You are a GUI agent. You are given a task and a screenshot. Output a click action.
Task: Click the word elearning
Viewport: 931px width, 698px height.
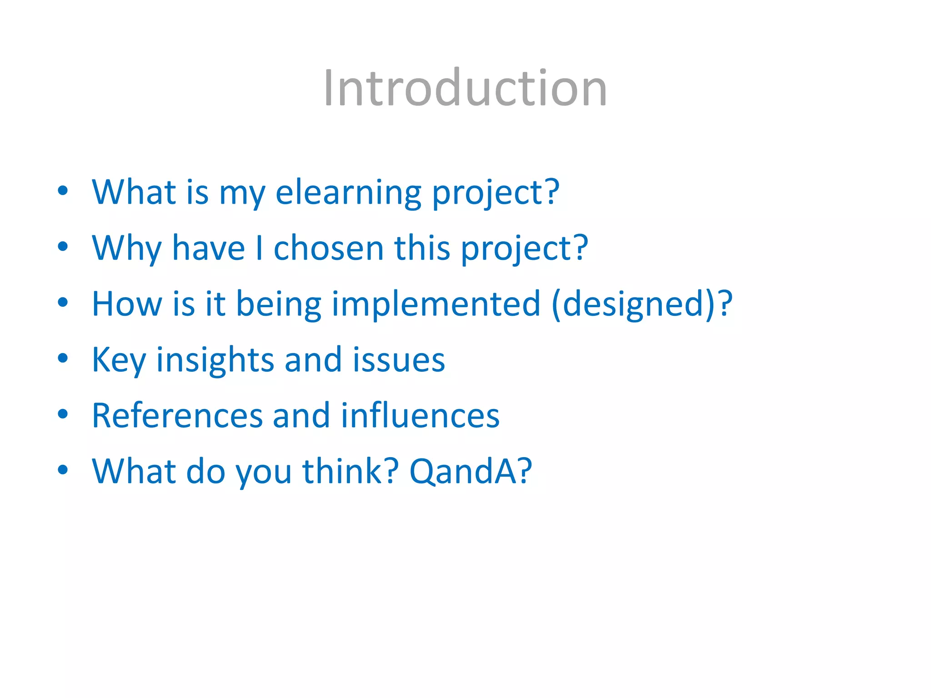(348, 193)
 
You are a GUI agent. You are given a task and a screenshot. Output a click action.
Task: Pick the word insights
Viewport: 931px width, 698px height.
(215, 360)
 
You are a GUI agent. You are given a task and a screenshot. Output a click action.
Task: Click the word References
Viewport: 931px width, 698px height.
(177, 415)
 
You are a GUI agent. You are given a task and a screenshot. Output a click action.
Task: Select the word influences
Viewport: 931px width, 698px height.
(420, 415)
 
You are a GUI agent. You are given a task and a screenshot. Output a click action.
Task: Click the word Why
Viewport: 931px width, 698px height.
(126, 249)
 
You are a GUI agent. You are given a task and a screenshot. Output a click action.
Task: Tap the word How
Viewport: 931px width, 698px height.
(126, 304)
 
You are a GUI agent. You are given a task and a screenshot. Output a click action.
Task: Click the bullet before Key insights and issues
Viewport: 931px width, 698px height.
(63, 358)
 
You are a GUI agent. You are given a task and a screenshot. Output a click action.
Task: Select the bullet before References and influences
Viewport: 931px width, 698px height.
(63, 414)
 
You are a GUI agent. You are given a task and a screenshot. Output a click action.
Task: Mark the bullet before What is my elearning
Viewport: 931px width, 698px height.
(63, 191)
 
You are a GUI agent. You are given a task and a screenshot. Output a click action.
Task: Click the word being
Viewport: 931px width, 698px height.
(279, 304)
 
